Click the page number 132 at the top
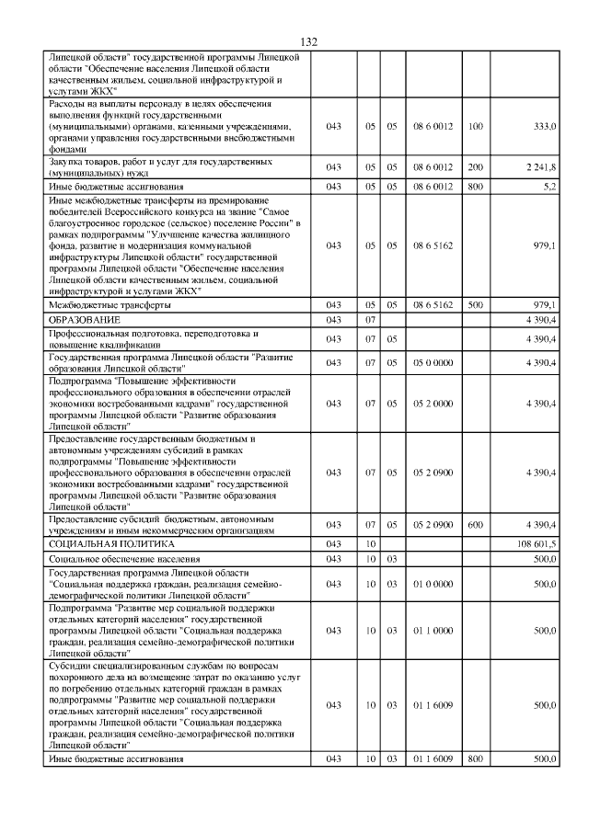pos(308,42)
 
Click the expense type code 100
pos(475,125)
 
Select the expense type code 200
pos(475,167)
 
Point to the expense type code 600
pos(475,525)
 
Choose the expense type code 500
pos(475,304)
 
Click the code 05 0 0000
pos(433,363)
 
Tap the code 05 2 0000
pos(433,403)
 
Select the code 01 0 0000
pos(433,584)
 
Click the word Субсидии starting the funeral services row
pos(71,664)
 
